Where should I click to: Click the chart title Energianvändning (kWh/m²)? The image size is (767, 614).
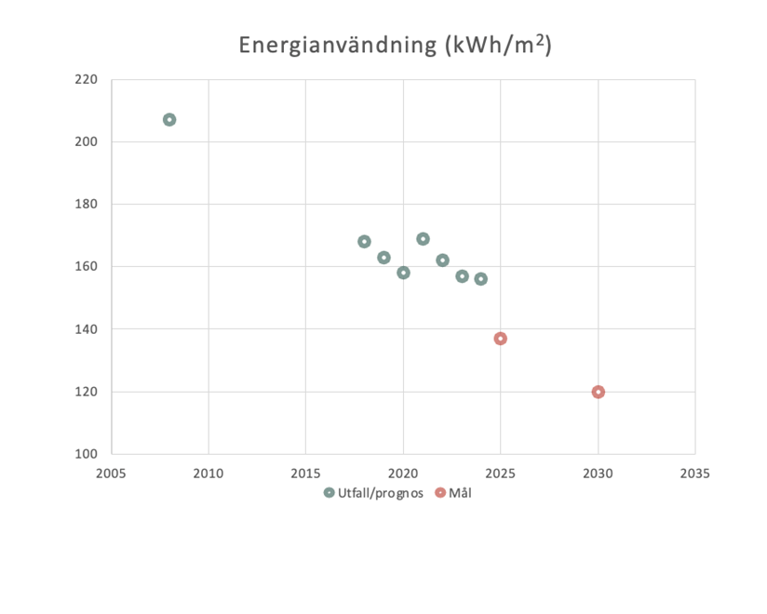pyautogui.click(x=395, y=45)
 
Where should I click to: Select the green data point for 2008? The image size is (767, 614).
pyautogui.click(x=169, y=120)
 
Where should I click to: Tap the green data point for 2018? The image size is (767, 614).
pyautogui.click(x=364, y=242)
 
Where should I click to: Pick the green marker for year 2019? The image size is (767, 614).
pyautogui.click(x=383, y=258)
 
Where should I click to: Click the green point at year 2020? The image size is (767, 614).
pyautogui.click(x=403, y=273)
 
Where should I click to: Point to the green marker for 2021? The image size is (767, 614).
pyautogui.click(x=423, y=239)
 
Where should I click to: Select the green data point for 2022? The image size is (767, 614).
pyautogui.click(x=442, y=260)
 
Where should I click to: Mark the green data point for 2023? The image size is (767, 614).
pyautogui.click(x=462, y=276)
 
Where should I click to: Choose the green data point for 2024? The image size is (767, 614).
pyautogui.click(x=481, y=279)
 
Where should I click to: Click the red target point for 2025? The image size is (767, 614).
pyautogui.click(x=501, y=339)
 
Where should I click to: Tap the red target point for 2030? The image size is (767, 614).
pyautogui.click(x=599, y=392)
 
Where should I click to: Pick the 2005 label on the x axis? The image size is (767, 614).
pyautogui.click(x=111, y=473)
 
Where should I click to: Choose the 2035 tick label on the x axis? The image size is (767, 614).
pyautogui.click(x=695, y=473)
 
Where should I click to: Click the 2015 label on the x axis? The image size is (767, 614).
pyautogui.click(x=305, y=473)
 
